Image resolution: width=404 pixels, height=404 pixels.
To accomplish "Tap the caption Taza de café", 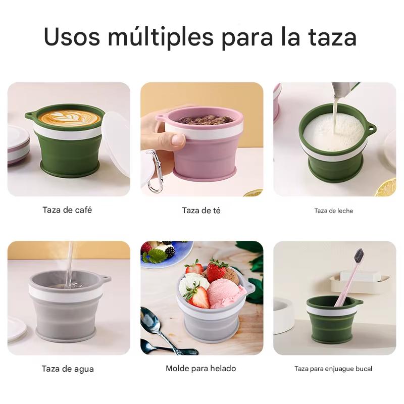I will [67, 210].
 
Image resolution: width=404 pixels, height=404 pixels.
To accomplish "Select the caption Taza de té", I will [201, 210].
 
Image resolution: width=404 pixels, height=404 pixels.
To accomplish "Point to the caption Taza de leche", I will [333, 211].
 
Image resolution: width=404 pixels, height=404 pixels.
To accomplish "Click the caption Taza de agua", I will [67, 369].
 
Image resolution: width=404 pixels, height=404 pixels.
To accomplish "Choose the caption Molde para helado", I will [200, 369].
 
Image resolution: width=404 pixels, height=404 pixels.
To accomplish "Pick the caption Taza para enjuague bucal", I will [333, 369].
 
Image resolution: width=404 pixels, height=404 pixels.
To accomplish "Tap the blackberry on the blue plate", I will [170, 251].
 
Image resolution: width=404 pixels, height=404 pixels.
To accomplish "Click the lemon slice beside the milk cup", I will [386, 187].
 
